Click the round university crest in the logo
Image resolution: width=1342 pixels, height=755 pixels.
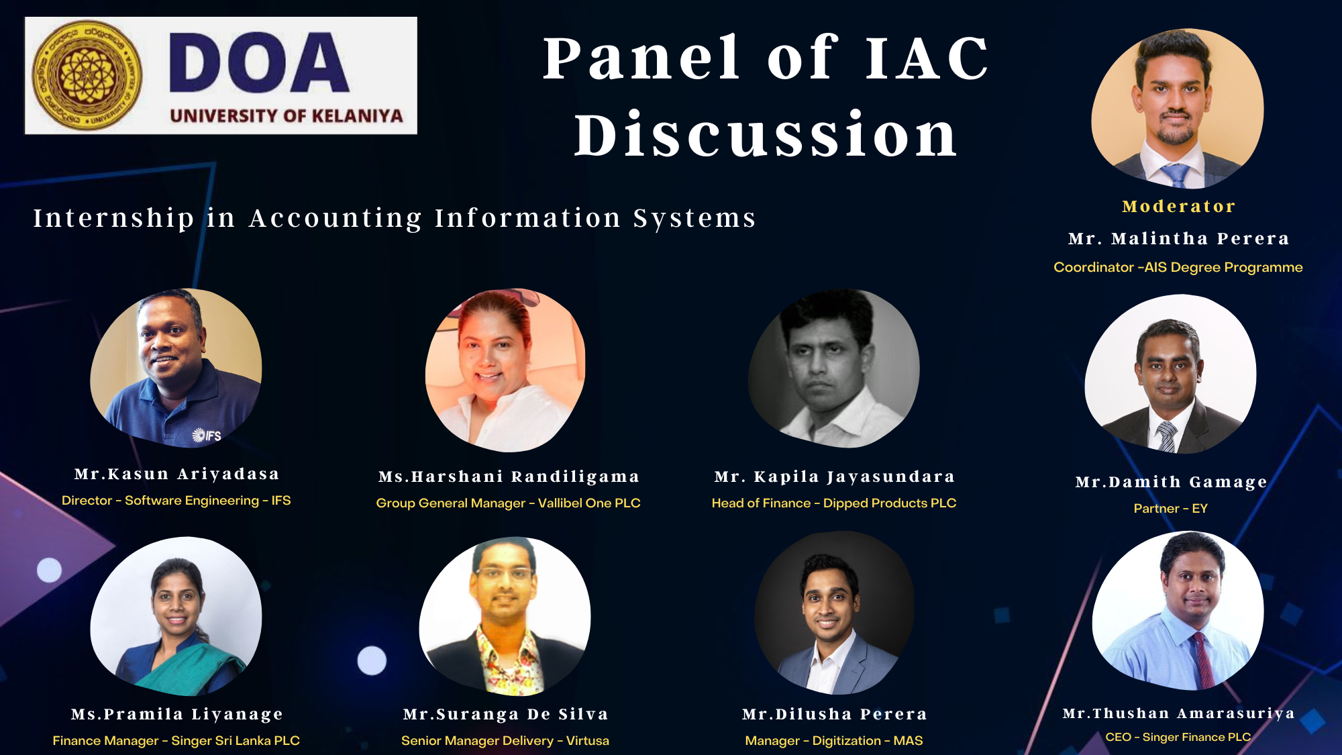[x=87, y=75]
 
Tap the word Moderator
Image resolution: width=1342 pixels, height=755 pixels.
[x=1178, y=206]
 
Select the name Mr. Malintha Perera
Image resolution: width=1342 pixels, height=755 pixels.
[x=1178, y=238]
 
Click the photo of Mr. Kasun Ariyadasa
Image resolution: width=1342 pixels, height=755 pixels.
[x=176, y=368]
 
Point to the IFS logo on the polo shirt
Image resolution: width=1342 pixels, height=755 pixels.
[x=207, y=436]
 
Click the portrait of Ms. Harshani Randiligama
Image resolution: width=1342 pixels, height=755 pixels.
[x=505, y=370]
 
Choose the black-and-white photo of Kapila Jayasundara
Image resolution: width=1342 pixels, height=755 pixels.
[x=834, y=368]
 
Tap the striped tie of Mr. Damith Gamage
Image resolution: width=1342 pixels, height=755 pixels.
[x=1167, y=436]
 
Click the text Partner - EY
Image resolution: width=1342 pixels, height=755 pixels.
[x=1170, y=509]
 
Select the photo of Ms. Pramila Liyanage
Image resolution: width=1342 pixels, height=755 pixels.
[x=176, y=616]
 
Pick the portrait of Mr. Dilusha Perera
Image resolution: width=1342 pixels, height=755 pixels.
[x=834, y=613]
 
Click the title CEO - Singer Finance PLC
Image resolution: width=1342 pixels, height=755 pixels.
[x=1178, y=737]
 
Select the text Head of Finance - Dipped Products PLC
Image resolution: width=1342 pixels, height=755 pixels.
[x=834, y=503]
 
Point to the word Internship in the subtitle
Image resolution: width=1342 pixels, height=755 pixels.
[x=114, y=218]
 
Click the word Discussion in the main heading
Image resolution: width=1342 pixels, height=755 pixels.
[x=766, y=135]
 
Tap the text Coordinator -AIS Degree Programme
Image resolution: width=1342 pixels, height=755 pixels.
[x=1178, y=267]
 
